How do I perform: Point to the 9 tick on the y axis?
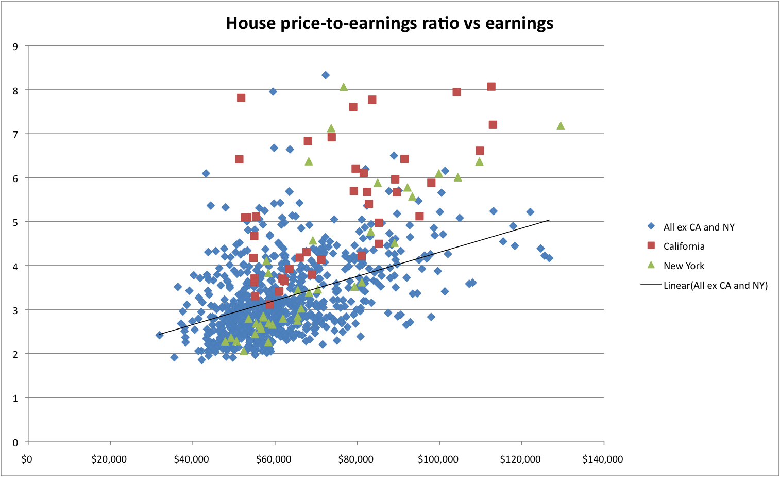tap(15, 46)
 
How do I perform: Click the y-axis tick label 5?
tap(15, 222)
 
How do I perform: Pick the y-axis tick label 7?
tap(15, 134)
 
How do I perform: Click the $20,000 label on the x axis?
tap(109, 459)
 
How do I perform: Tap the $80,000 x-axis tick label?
tap(357, 459)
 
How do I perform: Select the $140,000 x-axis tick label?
tap(603, 459)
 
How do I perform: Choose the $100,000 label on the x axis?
tap(438, 459)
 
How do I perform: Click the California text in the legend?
tap(684, 246)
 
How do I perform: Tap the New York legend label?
tap(684, 266)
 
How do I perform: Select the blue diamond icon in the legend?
tap(651, 226)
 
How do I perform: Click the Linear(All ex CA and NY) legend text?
tap(715, 286)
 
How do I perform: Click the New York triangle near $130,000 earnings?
tap(561, 126)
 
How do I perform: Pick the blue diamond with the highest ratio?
tap(326, 75)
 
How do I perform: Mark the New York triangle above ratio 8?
tap(344, 87)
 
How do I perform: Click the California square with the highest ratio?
tap(491, 87)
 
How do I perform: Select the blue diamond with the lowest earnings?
tap(160, 335)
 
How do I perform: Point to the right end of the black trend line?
tap(549, 220)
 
